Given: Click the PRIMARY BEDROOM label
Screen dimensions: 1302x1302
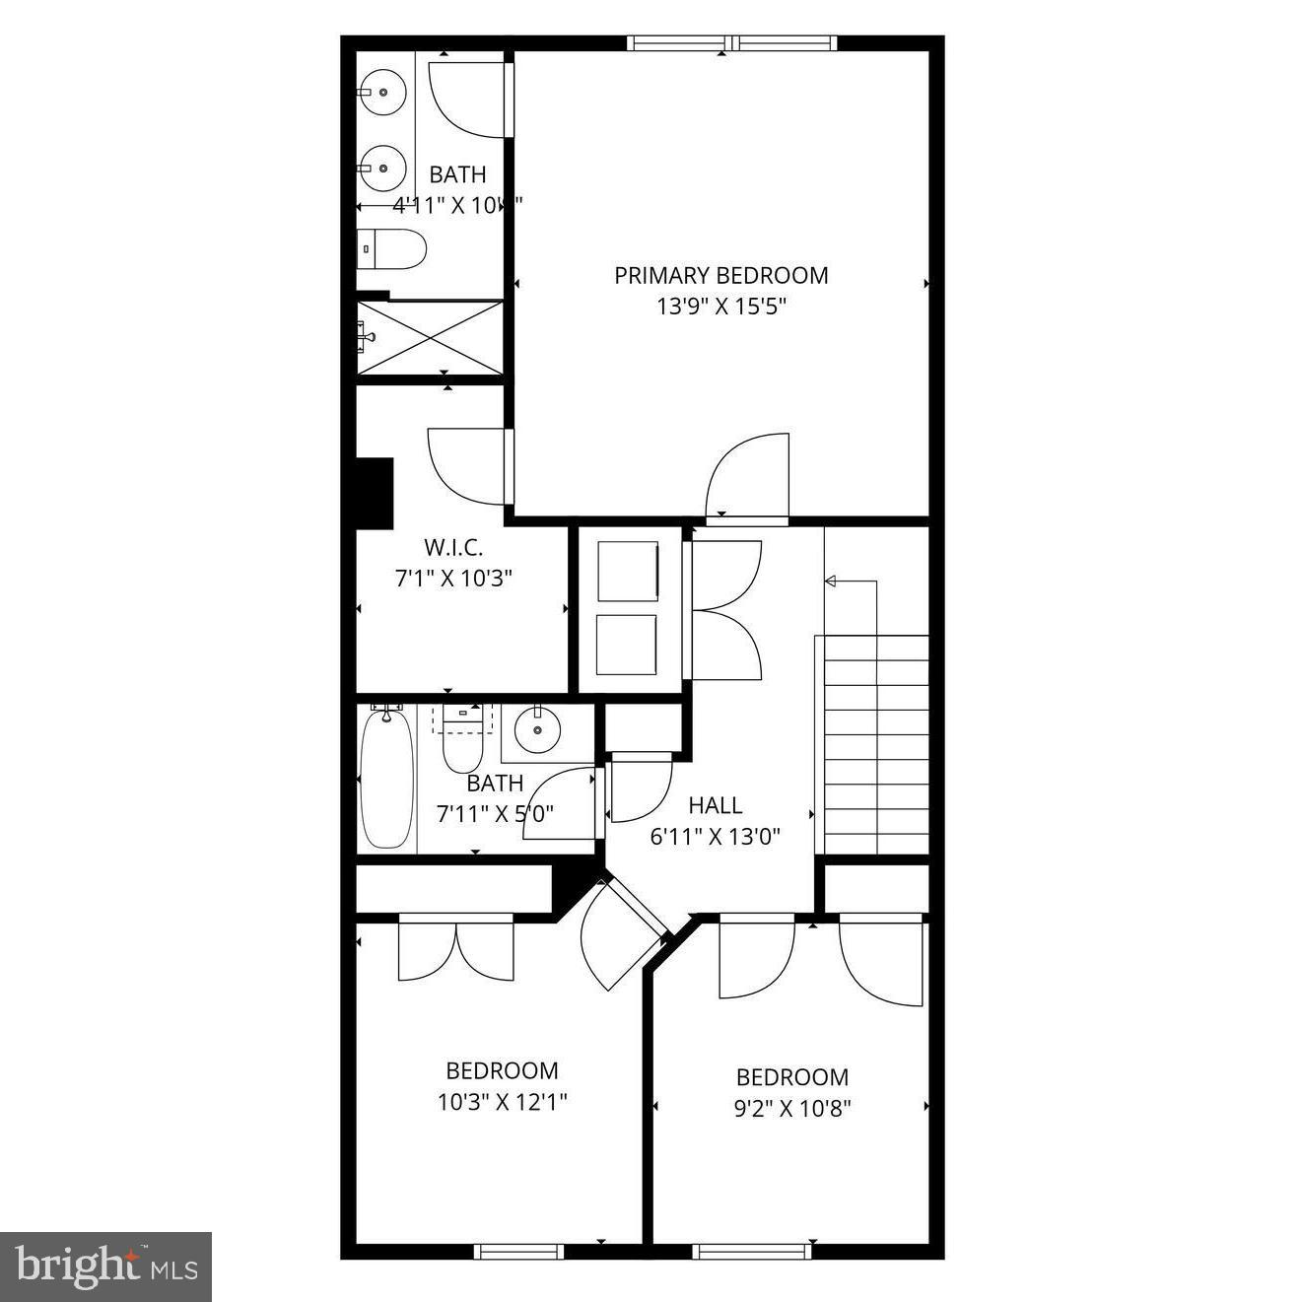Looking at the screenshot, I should pos(720,275).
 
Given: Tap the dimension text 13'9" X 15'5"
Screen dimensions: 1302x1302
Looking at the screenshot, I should pos(720,307).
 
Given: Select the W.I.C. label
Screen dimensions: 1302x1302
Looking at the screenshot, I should pos(453,547).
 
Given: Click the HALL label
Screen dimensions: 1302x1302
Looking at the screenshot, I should pos(716,805).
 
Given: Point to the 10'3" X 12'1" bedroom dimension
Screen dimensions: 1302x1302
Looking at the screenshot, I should pos(503,1101).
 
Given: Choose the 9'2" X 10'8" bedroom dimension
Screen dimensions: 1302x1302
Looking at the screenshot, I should pos(792,1108).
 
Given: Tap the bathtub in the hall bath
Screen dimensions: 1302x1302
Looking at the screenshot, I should pos(385,778).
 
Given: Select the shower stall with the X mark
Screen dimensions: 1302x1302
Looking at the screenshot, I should pos(430,337).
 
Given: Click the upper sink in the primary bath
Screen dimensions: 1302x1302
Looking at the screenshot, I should pos(382,93).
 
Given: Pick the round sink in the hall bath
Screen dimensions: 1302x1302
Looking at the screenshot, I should pos(537,730).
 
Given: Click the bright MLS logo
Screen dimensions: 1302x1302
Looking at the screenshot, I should pos(106,1267).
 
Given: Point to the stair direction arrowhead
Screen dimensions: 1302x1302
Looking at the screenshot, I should pos(830,582).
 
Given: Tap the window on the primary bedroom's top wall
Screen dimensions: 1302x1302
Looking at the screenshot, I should pos(731,43).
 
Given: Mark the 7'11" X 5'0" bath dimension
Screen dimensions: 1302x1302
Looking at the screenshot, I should pos(495,814).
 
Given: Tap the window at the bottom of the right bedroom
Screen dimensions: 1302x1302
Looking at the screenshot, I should pos(752,1252).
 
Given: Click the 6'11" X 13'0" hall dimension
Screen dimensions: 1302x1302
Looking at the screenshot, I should pos(716,838).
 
